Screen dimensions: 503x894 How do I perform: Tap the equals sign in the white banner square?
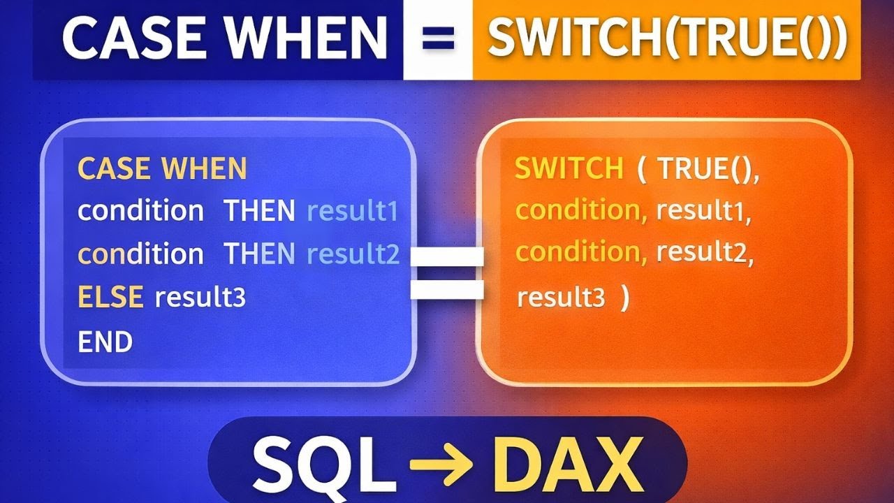click(x=437, y=39)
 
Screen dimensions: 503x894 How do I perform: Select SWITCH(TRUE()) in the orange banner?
click(x=667, y=39)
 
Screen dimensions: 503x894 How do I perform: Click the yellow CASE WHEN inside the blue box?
click(x=162, y=169)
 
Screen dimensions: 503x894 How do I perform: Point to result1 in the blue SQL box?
click(x=352, y=211)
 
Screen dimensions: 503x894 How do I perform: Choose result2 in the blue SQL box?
click(x=353, y=255)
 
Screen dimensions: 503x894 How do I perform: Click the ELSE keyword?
click(x=110, y=298)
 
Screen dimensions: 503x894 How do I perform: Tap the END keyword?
click(x=105, y=342)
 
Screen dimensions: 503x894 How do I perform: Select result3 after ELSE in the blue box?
click(x=200, y=299)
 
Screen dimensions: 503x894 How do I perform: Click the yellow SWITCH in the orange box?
click(x=569, y=169)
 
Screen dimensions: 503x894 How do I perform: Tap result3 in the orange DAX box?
click(x=561, y=298)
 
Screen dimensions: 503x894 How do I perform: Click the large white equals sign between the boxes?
click(x=447, y=272)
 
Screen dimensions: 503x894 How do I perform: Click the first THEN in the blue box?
click(x=259, y=211)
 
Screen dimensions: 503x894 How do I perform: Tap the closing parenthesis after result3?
click(x=624, y=298)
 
